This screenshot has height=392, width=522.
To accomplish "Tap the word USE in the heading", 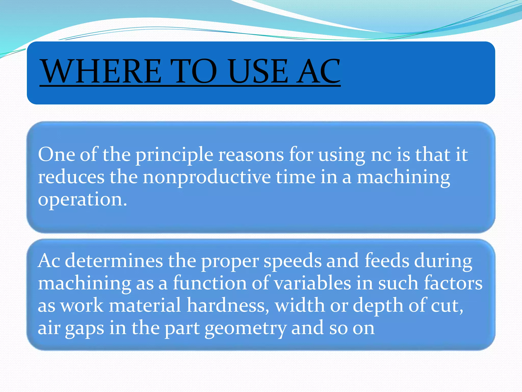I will tap(258, 71).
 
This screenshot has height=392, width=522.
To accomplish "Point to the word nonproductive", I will tap(207, 177).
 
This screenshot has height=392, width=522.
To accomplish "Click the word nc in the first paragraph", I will tap(381, 155).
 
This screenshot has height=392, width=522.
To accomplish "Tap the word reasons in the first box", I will tap(251, 155).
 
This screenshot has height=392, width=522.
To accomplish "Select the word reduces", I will tap(71, 177).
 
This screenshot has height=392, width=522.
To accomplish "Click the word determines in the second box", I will tap(114, 261).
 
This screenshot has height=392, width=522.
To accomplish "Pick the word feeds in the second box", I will tap(387, 261).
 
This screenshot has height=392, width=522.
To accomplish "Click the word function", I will tap(210, 283).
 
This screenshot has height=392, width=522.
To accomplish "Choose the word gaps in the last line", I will tap(84, 328).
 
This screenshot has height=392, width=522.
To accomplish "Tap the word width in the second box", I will tap(300, 305).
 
